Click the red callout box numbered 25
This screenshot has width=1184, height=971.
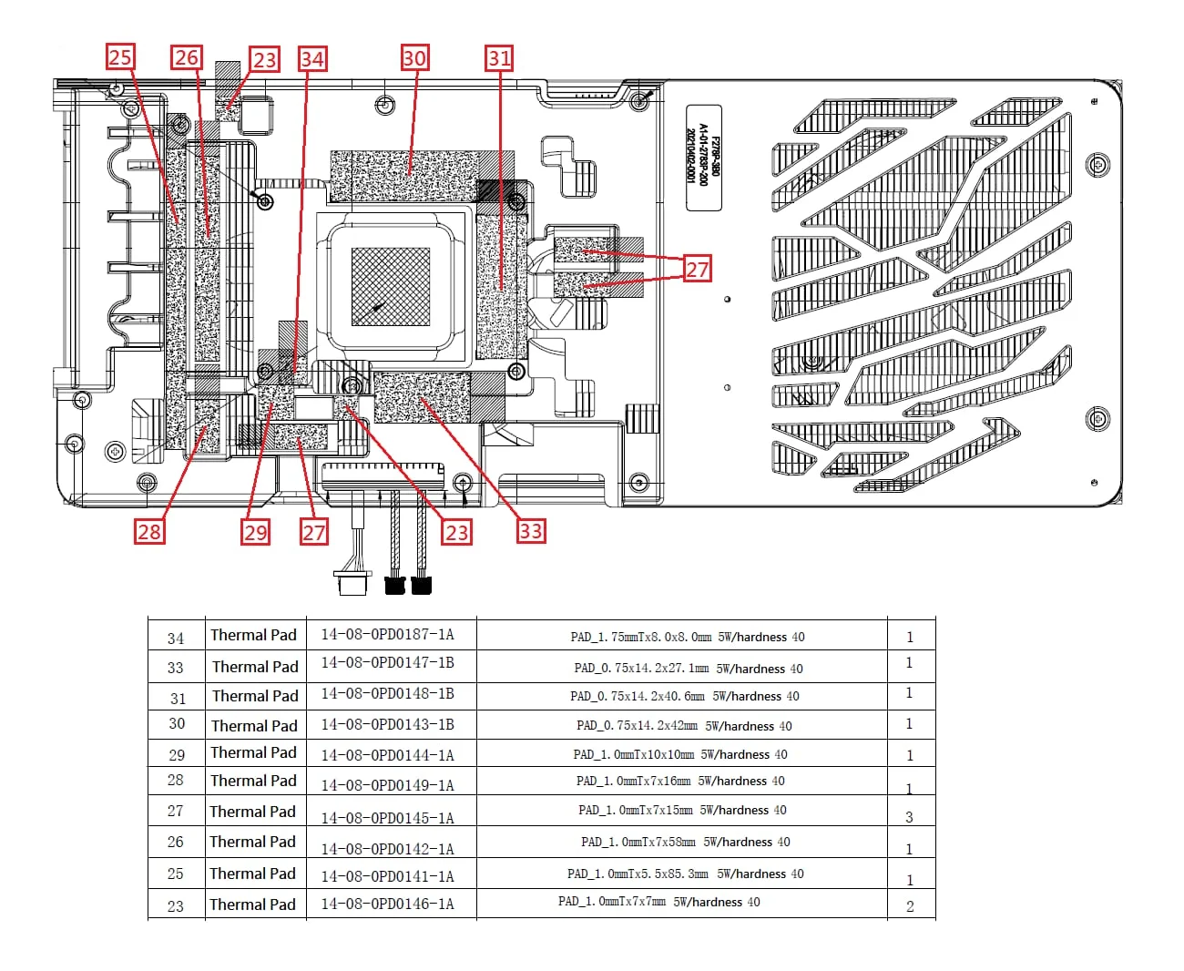[x=120, y=57]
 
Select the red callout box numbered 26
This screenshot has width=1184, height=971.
[x=187, y=57]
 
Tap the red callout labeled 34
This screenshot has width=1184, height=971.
[x=312, y=59]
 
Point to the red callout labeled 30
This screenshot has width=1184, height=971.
[x=414, y=58]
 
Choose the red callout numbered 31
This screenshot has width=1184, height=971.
[x=499, y=58]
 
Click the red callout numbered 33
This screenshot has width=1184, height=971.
[x=531, y=530]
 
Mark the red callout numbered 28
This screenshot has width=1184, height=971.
[x=149, y=531]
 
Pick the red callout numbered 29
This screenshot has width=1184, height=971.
[x=256, y=532]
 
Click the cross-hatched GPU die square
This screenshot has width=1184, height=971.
[x=390, y=286]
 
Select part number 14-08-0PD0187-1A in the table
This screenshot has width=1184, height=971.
[x=387, y=634]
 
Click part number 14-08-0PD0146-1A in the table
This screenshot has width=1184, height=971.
[x=387, y=904]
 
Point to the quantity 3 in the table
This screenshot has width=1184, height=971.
[x=909, y=817]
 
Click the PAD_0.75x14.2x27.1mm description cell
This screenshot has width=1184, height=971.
[x=689, y=668]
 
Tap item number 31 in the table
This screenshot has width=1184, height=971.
[x=178, y=699]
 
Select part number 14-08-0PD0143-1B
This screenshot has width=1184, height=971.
[x=387, y=724]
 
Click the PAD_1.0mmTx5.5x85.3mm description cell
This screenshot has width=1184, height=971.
[x=686, y=874]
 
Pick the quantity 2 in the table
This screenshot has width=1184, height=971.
[x=910, y=906]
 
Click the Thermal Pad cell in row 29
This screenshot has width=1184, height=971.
[x=253, y=752]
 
